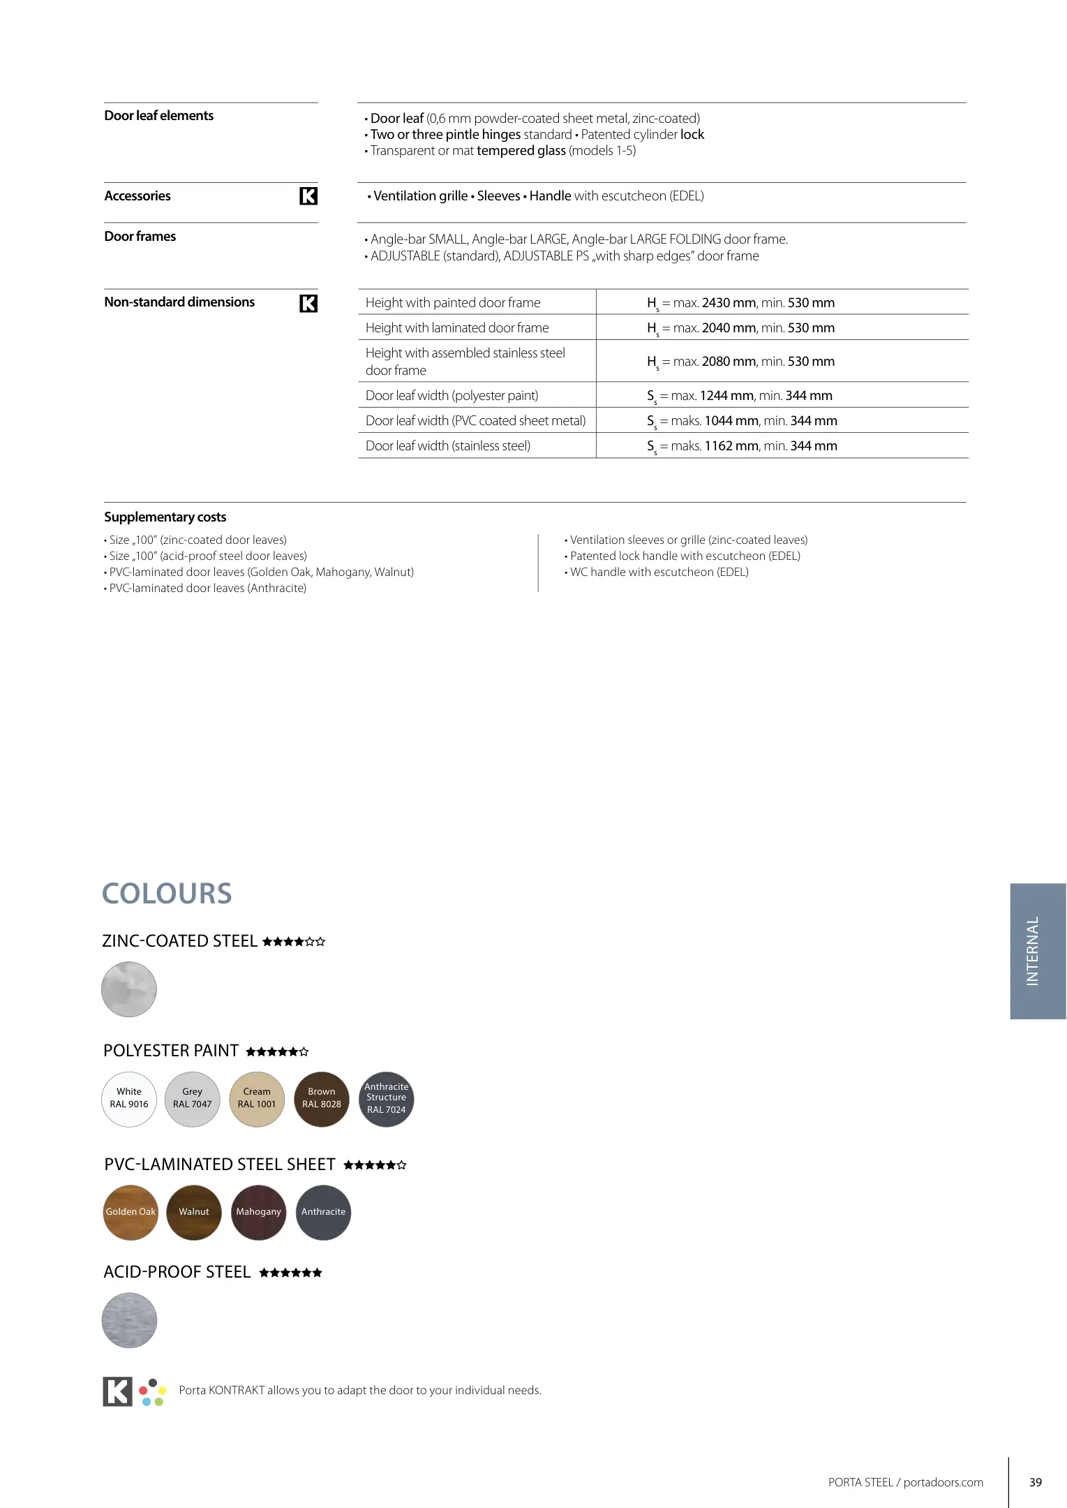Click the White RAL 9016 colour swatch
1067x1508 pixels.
[x=129, y=1099]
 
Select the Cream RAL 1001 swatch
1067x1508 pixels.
[x=257, y=1099]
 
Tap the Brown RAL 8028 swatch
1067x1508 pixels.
[x=322, y=1099]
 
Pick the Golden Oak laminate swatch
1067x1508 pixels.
[x=130, y=1212]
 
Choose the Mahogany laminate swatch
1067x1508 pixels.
[x=258, y=1212]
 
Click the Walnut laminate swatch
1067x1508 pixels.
[x=194, y=1212]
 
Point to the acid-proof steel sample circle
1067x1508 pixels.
[x=129, y=1320]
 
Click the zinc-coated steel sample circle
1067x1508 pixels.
[x=129, y=989]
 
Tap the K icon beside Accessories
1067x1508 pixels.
[x=308, y=196]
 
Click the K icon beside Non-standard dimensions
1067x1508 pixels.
[x=308, y=303]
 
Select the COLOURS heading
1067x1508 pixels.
[x=167, y=894]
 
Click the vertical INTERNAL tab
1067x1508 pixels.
[x=1037, y=951]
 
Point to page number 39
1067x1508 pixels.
[x=1036, y=1482]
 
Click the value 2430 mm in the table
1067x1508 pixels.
[x=729, y=303]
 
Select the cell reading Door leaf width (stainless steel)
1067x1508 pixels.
[x=448, y=446]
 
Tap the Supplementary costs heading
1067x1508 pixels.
[x=165, y=517]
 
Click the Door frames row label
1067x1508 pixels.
[x=140, y=237]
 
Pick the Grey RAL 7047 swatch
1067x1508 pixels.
[x=193, y=1099]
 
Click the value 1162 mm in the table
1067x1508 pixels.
[x=731, y=446]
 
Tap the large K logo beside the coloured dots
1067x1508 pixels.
[x=117, y=1391]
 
